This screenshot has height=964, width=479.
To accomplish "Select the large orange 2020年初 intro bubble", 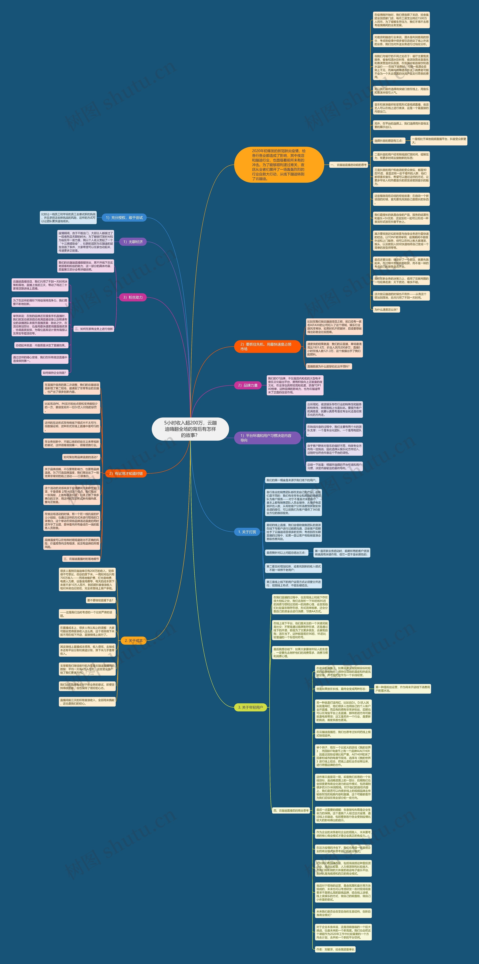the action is [279, 165].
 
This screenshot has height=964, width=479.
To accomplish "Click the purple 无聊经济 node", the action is [133, 242].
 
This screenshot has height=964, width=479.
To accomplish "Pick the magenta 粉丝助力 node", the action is [133, 297].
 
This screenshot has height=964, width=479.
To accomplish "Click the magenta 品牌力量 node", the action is [248, 385].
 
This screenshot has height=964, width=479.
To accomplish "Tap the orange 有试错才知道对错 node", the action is [126, 473].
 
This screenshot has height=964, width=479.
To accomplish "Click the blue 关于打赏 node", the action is [247, 532].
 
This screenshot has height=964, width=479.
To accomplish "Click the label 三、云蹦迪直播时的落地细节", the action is [81, 559].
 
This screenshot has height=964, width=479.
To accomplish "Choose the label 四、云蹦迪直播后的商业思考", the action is [291, 811].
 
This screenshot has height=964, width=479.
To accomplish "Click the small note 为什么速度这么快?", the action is [386, 310].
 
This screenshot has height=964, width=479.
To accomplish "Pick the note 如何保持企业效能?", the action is [54, 373].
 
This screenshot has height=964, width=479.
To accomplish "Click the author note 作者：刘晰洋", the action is [335, 949].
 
